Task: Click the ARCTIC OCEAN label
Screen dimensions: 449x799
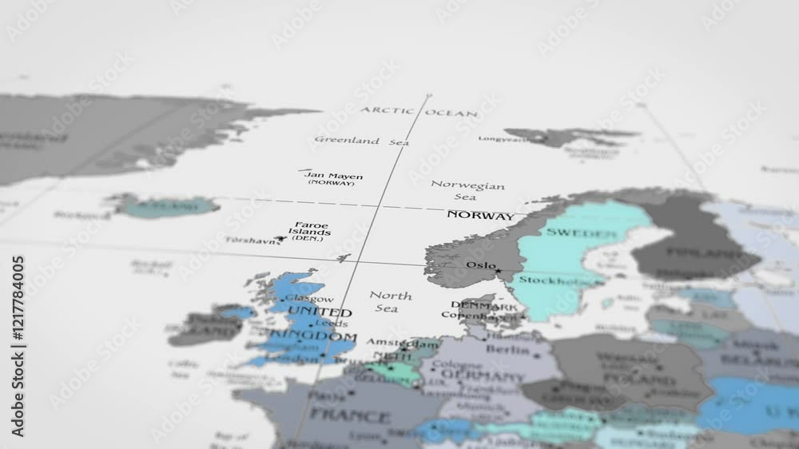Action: (x=419, y=112)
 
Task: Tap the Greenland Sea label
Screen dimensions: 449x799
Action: (x=361, y=141)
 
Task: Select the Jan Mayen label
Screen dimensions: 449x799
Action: (x=333, y=177)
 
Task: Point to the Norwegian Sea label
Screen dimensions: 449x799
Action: (x=467, y=190)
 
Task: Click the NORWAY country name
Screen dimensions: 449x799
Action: (x=480, y=216)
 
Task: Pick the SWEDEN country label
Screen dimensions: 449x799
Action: (x=582, y=233)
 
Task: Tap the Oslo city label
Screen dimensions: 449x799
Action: (x=481, y=265)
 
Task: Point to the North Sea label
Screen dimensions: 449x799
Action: (x=390, y=301)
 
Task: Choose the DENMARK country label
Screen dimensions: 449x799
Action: (x=483, y=305)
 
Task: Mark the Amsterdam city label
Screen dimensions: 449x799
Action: (x=392, y=342)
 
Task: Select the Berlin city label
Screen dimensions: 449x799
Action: (x=507, y=349)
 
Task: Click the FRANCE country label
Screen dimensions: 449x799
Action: (x=349, y=415)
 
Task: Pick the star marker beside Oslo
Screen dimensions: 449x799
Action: (x=499, y=270)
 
